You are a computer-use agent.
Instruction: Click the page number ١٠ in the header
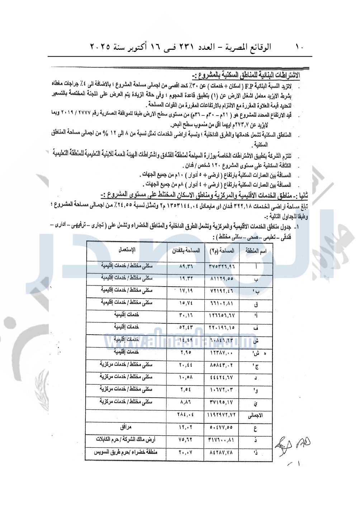click(299, 47)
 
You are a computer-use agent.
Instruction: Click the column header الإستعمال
click(127, 250)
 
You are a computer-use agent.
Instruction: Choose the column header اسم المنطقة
click(256, 251)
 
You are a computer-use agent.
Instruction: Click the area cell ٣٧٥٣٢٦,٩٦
click(222, 267)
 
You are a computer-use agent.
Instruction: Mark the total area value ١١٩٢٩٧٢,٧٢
click(222, 415)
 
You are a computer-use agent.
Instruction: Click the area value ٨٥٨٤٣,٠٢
click(222, 365)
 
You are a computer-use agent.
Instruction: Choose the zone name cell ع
click(255, 428)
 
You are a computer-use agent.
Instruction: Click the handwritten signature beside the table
click(293, 444)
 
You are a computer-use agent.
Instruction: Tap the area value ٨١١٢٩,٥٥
click(222, 278)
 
